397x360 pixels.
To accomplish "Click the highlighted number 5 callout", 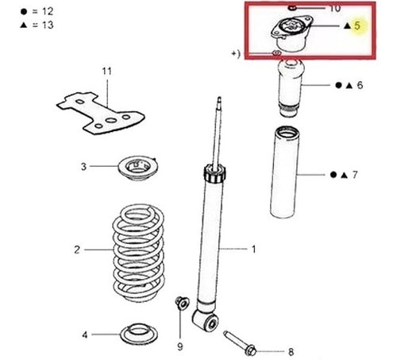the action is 357,25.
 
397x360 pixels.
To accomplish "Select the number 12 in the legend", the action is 48,11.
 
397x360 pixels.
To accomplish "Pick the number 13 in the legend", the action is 48,25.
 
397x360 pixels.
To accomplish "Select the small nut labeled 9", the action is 182,304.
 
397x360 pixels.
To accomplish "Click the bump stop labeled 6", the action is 290,88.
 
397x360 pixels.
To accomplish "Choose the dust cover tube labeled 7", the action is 284,172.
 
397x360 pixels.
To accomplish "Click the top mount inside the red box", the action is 292,33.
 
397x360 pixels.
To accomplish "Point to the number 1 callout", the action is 253,250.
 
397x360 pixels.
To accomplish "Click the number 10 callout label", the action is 335,8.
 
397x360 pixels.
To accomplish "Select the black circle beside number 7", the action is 333,175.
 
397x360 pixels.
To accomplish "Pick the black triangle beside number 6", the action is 349,85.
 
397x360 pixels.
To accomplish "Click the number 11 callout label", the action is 107,72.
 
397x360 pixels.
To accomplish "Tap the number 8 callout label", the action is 291,352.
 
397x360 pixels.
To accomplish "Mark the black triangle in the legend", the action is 24,25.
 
